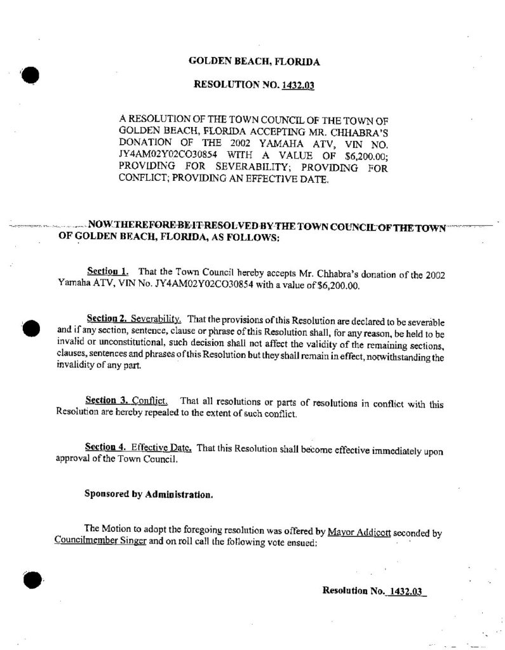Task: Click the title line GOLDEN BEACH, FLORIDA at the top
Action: click(x=254, y=62)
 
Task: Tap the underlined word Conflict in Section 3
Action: click(x=152, y=401)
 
